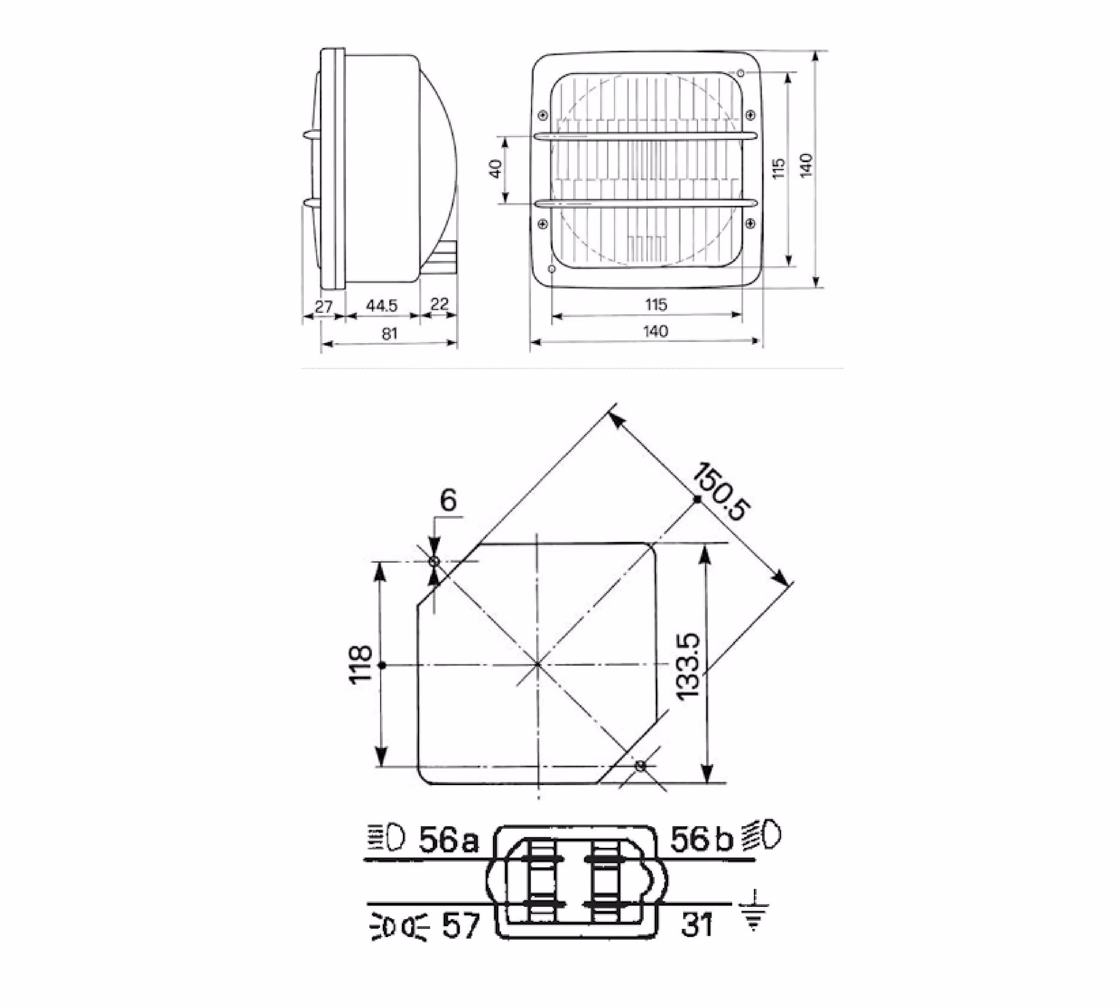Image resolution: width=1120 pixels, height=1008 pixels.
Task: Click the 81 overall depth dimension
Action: pos(389,333)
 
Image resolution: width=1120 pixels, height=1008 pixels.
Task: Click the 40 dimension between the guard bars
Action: pos(496,168)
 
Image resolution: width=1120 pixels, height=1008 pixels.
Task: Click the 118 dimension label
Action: pos(361,665)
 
